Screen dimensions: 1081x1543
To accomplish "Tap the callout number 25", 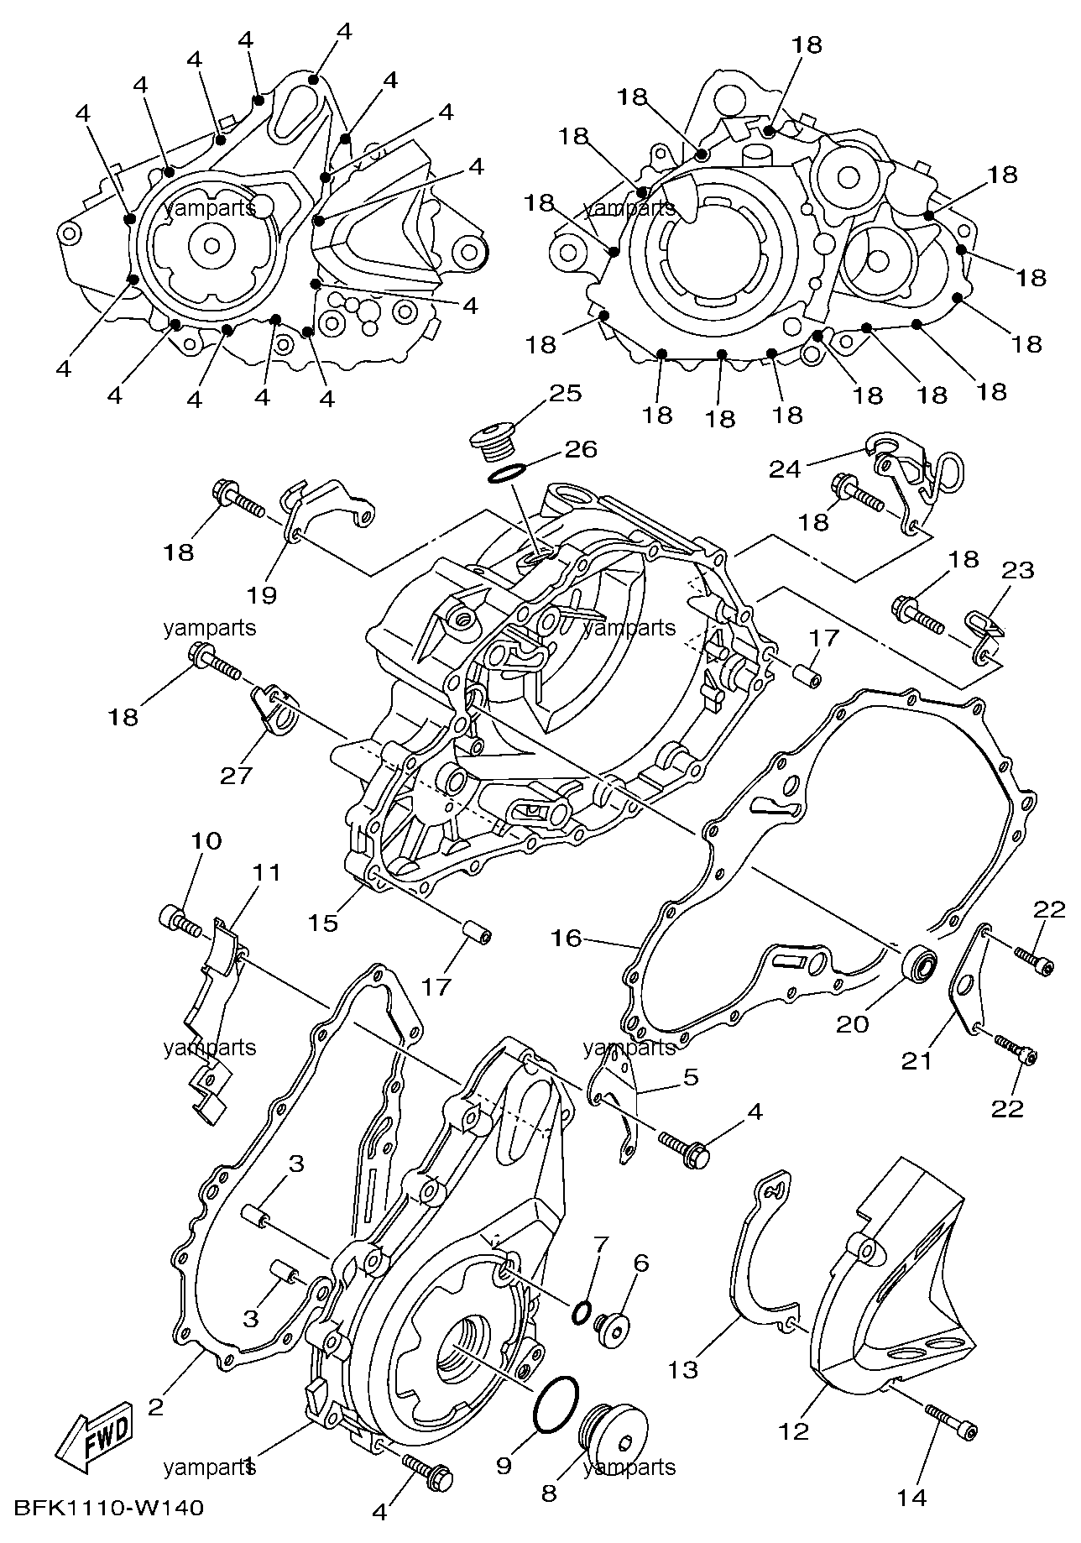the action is tap(566, 393).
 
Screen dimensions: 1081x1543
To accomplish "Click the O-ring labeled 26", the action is tap(506, 475).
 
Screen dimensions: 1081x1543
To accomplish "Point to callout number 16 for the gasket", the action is tap(567, 937).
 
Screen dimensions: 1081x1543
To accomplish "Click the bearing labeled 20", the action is tap(921, 965).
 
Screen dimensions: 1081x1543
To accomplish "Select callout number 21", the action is tap(916, 1061).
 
